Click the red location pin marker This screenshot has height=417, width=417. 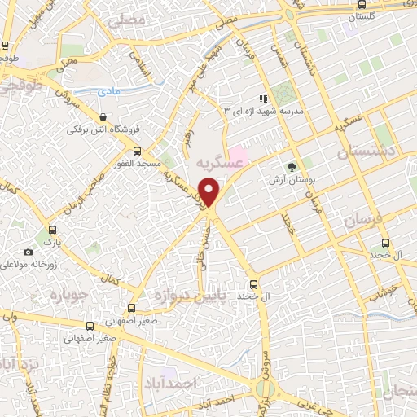210,192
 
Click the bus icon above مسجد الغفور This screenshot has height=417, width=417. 136,151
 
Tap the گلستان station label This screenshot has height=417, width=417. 362,16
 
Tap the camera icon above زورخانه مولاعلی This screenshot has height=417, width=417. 29,252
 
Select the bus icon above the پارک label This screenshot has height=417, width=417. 52,230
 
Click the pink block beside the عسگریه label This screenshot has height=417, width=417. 239,153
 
